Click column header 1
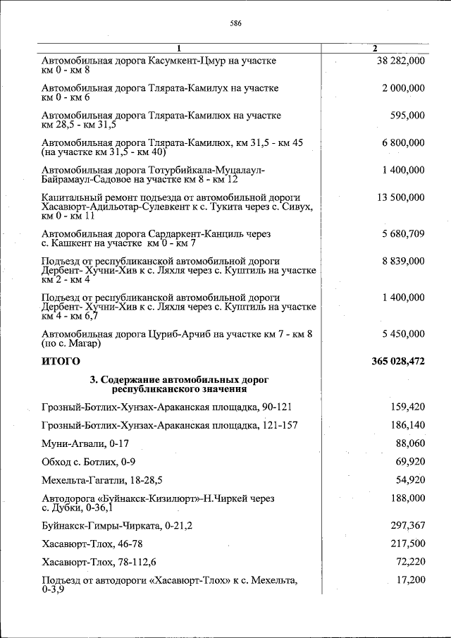coord(179,48)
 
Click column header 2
coord(375,48)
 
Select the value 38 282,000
coord(400,61)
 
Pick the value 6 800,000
coord(403,143)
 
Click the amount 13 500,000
coord(400,197)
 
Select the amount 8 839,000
coord(403,261)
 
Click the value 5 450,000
coord(403,333)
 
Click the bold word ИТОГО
coord(61,361)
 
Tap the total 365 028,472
coord(397,361)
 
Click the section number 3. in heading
coord(94,380)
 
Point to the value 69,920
coord(410,462)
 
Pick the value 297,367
coord(407,526)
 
